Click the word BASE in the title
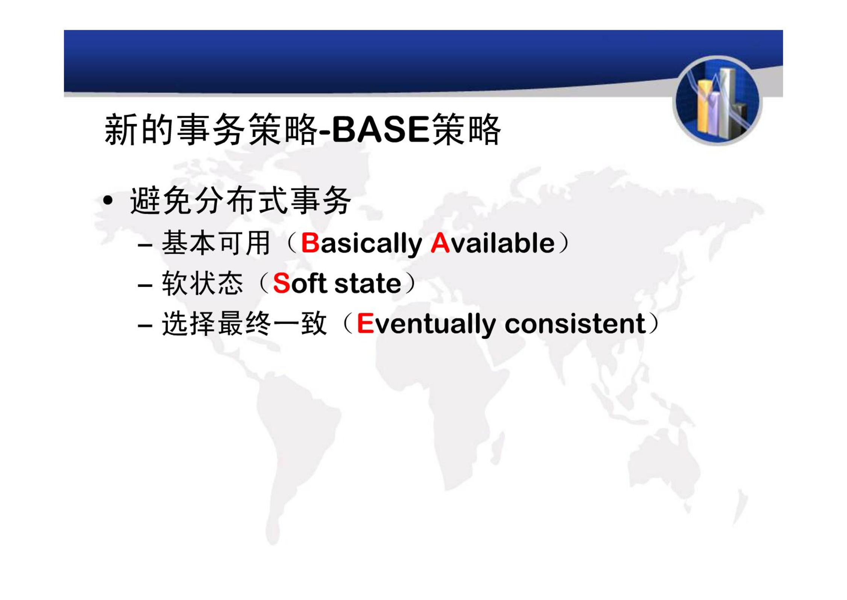(380, 129)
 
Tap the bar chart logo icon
(717, 101)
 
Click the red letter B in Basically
(310, 243)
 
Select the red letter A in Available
(440, 243)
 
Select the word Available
(492, 243)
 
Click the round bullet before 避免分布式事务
(108, 201)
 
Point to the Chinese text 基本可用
(216, 243)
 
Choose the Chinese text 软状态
(202, 283)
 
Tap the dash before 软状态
(145, 285)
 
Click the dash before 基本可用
(145, 245)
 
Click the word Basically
(362, 244)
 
